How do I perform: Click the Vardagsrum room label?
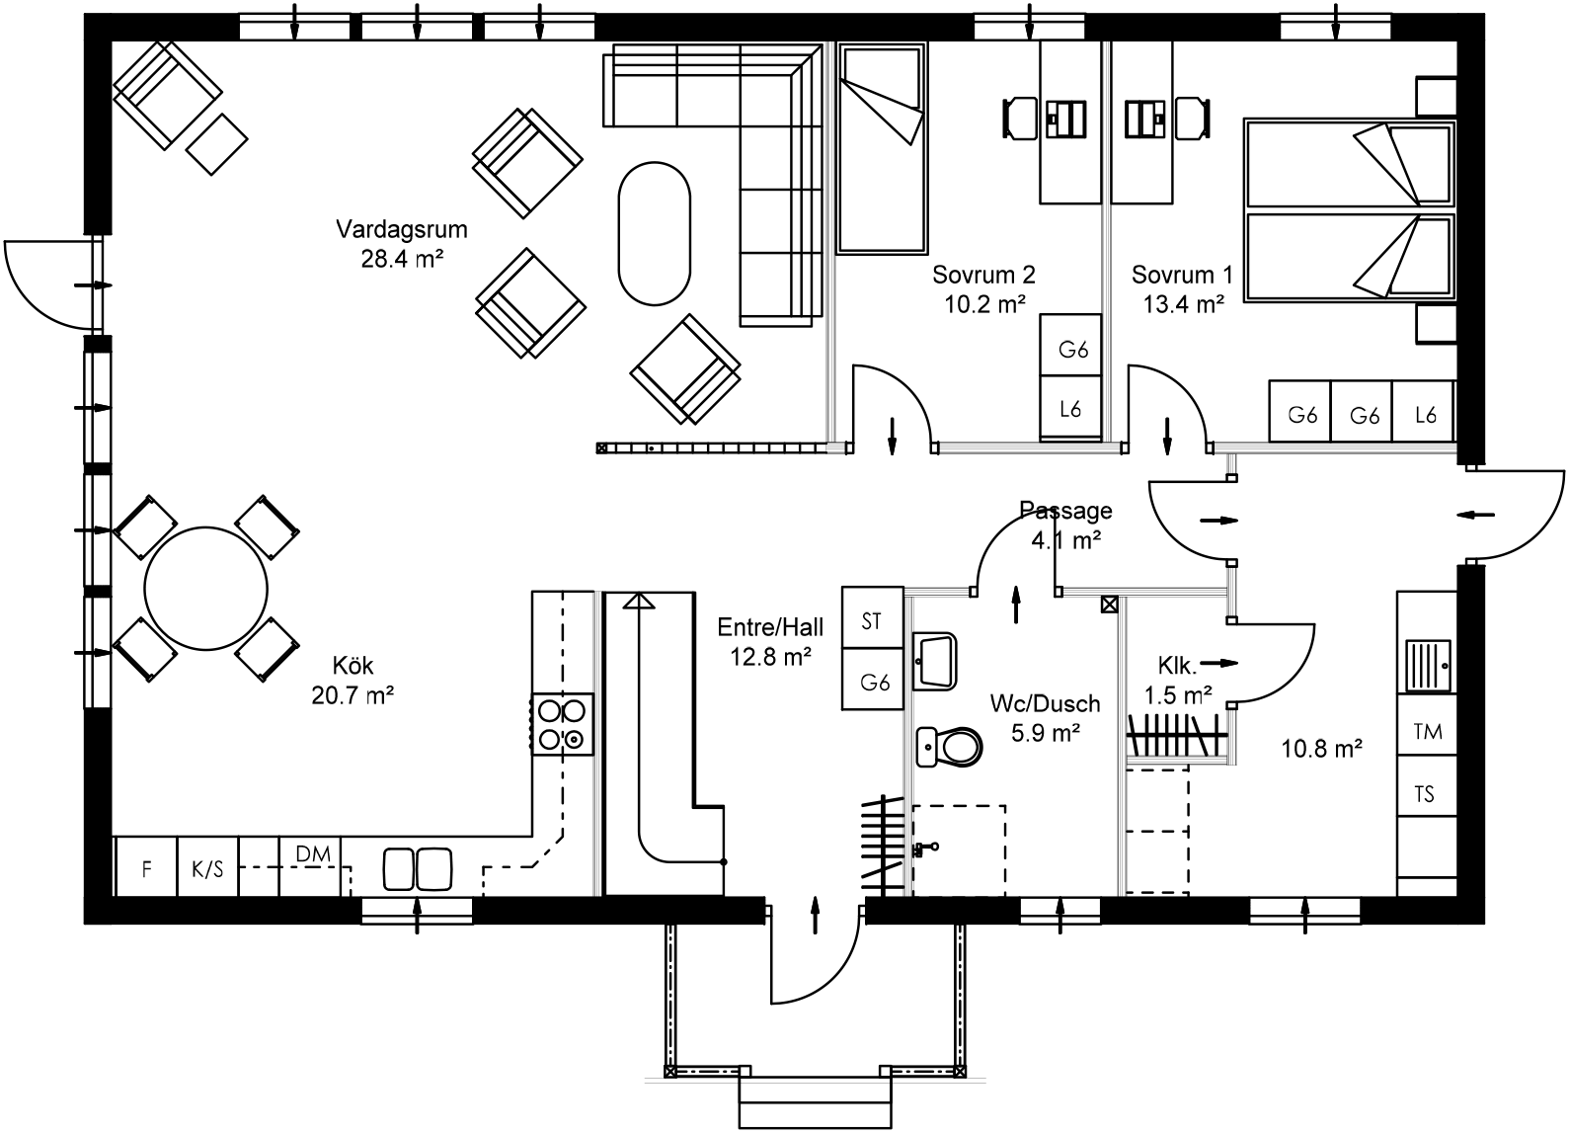(401, 230)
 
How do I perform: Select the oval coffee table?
(654, 234)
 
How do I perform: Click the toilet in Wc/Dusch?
(949, 747)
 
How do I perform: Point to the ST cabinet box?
(872, 621)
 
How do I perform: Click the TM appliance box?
(1427, 732)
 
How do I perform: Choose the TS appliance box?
(1425, 794)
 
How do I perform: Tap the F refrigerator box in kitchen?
(146, 868)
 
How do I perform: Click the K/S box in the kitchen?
(207, 868)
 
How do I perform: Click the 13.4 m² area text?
(1183, 304)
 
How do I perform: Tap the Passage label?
(1065, 511)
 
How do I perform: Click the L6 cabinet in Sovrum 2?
(1071, 408)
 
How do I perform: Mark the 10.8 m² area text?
(1322, 749)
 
